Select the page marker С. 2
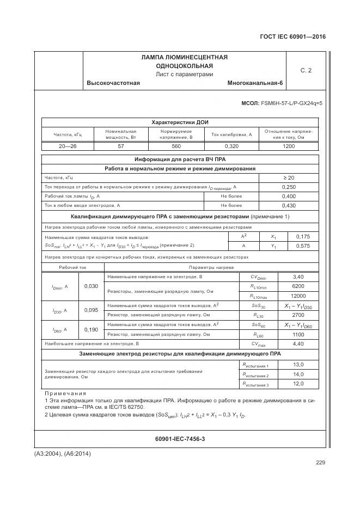[x=306, y=70]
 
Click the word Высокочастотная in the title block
[x=113, y=83]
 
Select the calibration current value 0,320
[x=231, y=146]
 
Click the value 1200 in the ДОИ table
[x=289, y=146]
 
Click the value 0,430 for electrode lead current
[x=289, y=205]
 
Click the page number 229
[x=320, y=463]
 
